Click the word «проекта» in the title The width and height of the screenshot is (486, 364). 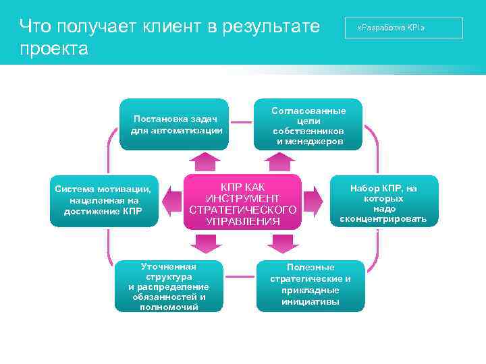pos(54,49)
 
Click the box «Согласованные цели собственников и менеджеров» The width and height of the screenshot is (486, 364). pos(308,125)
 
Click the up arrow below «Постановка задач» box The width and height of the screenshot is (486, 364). pos(204,161)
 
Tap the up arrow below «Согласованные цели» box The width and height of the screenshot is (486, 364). pos(278,161)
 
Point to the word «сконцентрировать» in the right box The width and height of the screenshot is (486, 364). pos(383,219)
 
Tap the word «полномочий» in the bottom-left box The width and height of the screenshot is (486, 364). pos(169,307)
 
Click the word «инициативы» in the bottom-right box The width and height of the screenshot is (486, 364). pos(310,301)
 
